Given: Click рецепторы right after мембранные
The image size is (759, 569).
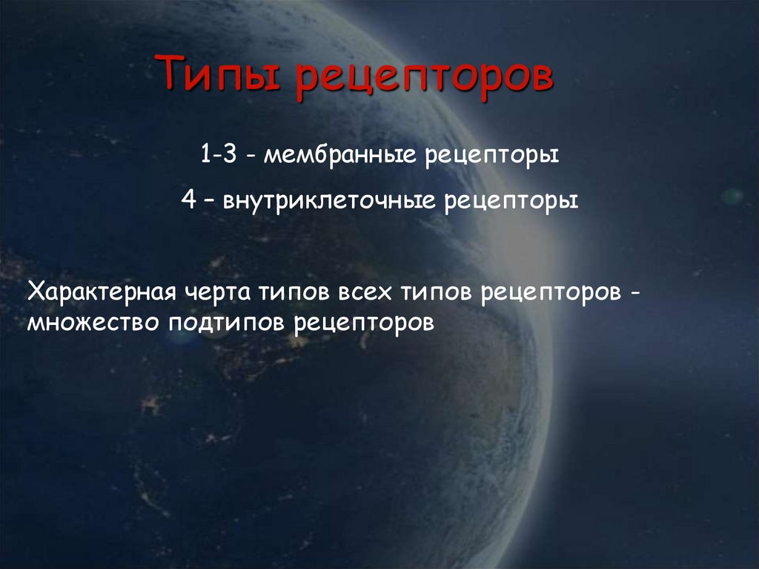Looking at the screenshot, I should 491,158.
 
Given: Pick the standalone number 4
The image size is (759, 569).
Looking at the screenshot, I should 188,200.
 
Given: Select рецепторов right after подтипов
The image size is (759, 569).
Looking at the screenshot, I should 362,324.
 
